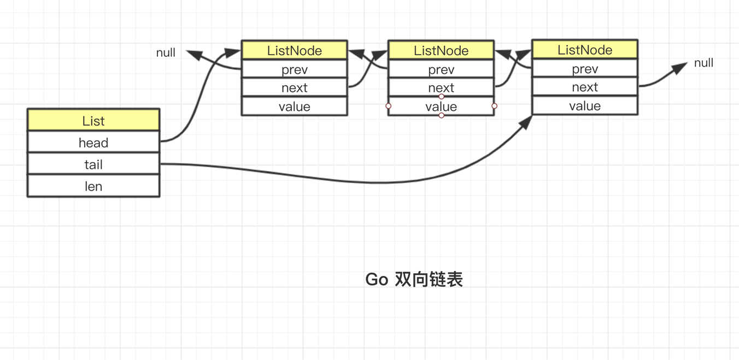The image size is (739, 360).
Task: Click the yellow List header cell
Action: coord(93,120)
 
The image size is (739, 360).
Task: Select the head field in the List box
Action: coord(93,143)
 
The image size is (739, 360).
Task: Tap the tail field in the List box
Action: coord(93,164)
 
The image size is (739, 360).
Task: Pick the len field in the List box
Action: coord(93,186)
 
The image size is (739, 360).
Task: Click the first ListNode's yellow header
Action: coord(294,50)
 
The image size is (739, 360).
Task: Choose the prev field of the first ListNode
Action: coord(294,69)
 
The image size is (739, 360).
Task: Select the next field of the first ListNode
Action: coord(294,87)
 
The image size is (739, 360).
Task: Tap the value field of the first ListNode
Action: coord(294,107)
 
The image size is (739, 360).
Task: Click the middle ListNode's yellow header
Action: coord(441,50)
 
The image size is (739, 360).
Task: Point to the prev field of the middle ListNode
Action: coord(441,69)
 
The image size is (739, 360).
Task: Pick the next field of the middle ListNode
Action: coord(441,87)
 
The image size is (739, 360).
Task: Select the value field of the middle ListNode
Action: coord(441,107)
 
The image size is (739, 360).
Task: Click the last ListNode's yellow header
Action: coord(585,50)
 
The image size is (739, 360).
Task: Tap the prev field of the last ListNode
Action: coord(585,69)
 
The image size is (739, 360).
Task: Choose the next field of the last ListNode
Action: coord(585,87)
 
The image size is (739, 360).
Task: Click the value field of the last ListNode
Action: coord(585,106)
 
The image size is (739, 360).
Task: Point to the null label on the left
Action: coord(166,52)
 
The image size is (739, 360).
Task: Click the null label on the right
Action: coord(703,63)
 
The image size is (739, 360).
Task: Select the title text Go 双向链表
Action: coord(414,279)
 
